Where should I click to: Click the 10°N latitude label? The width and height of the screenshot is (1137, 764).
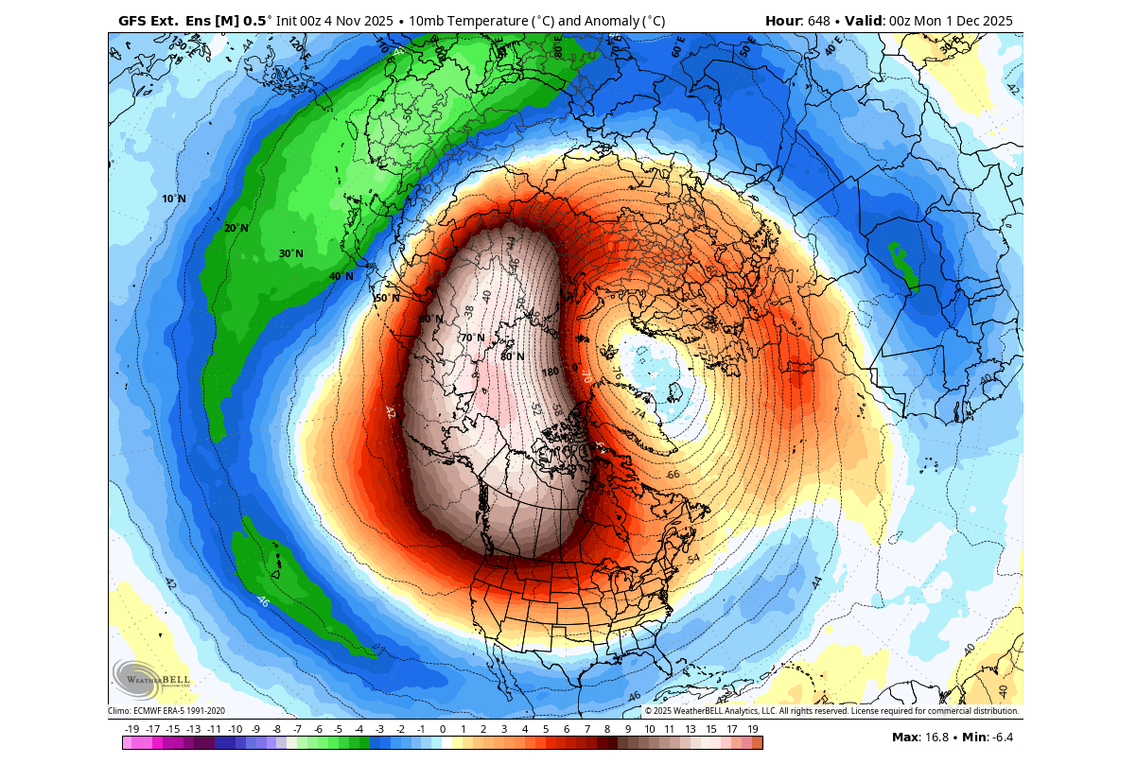pyautogui.click(x=173, y=199)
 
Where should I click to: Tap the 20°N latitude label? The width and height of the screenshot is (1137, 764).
pyautogui.click(x=236, y=228)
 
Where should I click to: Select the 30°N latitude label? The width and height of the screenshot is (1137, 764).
pyautogui.click(x=290, y=253)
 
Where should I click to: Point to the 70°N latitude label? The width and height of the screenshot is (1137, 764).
pyautogui.click(x=472, y=338)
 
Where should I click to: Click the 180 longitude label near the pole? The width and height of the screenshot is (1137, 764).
pyautogui.click(x=551, y=372)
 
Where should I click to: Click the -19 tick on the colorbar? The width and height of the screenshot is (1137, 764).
pyautogui.click(x=131, y=729)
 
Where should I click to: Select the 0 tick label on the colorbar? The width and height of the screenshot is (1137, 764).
pyautogui.click(x=443, y=729)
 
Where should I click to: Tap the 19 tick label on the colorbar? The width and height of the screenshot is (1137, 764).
pyautogui.click(x=753, y=729)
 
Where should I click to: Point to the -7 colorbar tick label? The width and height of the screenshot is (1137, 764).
pyautogui.click(x=297, y=729)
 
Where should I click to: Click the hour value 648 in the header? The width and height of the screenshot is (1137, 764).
pyautogui.click(x=823, y=20)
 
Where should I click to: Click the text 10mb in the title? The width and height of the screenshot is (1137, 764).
pyautogui.click(x=426, y=20)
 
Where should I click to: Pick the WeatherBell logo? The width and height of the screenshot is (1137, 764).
pyautogui.click(x=151, y=677)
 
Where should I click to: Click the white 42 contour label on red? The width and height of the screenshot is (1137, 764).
pyautogui.click(x=390, y=412)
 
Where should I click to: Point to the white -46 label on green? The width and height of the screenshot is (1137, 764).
pyautogui.click(x=262, y=599)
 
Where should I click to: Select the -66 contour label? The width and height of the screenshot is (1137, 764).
pyautogui.click(x=673, y=475)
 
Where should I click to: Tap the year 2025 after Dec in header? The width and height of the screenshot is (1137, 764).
pyautogui.click(x=992, y=20)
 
